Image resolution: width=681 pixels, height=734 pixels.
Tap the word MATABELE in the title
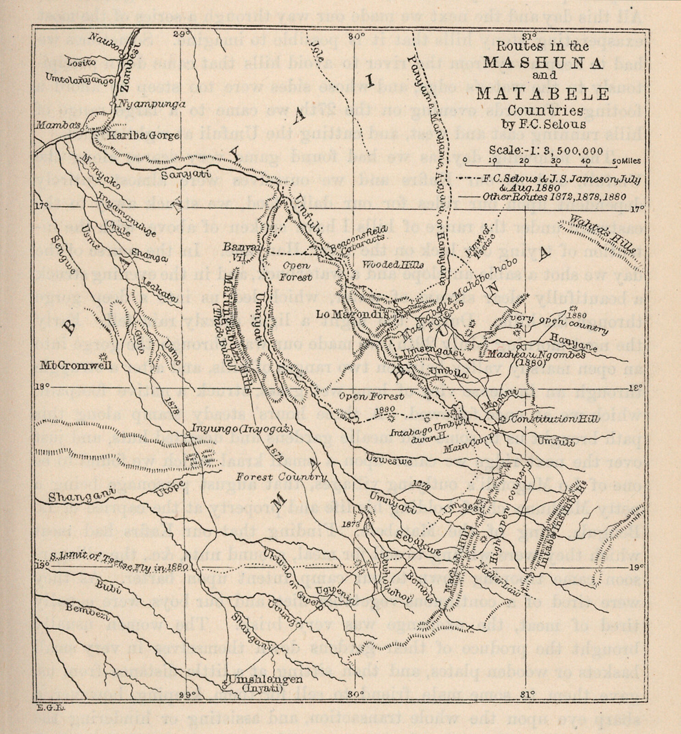543,94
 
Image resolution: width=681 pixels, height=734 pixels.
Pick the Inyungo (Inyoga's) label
240,429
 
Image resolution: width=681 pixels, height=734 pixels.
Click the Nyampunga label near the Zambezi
145,104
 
